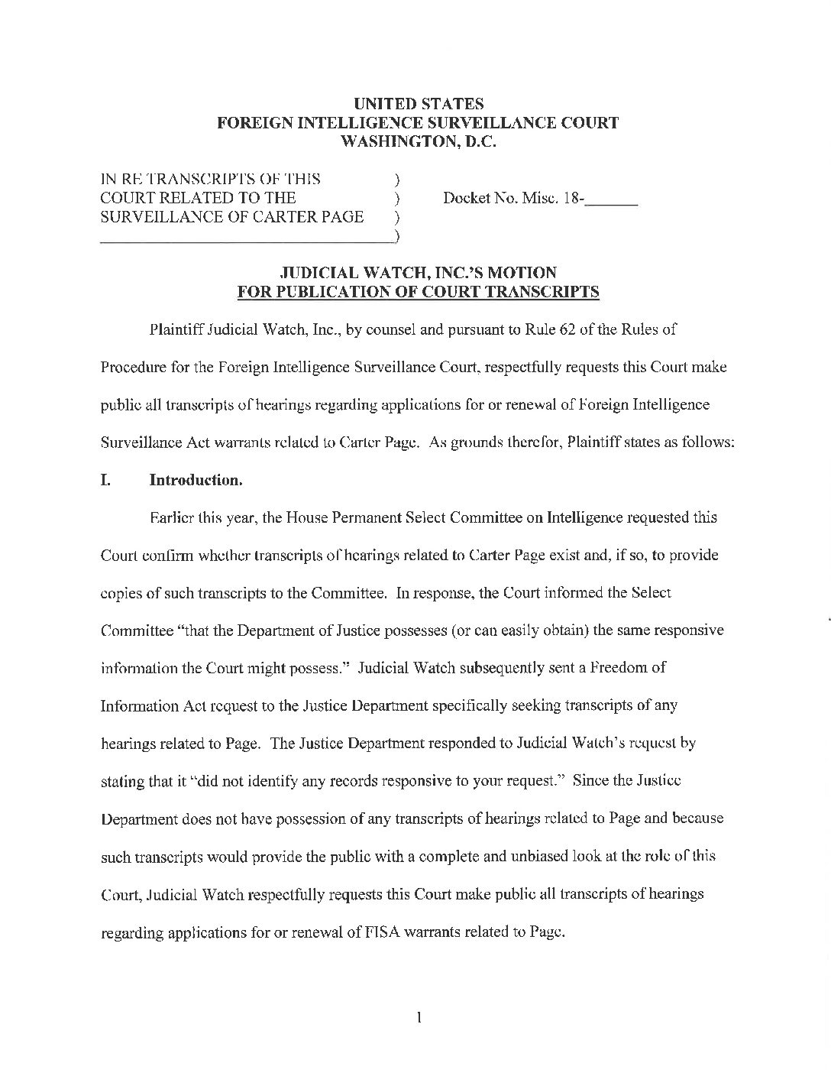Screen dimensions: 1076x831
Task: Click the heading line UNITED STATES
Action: coord(418,104)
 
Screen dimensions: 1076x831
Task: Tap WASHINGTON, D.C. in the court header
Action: coord(418,141)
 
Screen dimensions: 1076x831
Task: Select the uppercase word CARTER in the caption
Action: coord(290,217)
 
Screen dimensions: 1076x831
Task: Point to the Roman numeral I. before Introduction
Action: coord(106,481)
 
